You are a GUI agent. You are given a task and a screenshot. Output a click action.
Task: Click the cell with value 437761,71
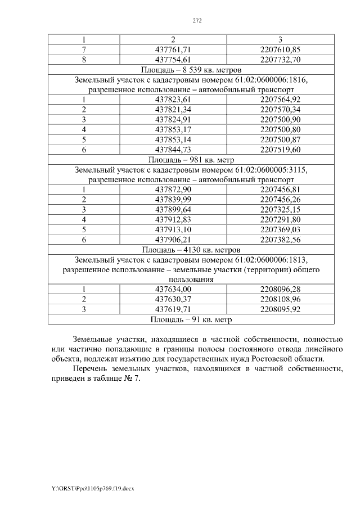click(173, 49)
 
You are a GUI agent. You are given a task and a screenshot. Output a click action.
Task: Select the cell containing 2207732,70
click(281, 60)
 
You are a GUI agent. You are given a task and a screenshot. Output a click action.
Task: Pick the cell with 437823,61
click(173, 100)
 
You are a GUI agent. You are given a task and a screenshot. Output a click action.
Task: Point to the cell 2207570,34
click(281, 110)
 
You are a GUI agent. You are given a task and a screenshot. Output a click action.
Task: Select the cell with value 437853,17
click(173, 129)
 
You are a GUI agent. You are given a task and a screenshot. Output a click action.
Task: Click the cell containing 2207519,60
click(281, 150)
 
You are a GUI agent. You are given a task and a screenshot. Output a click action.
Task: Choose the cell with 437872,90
click(173, 190)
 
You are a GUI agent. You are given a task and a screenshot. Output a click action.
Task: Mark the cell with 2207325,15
click(281, 209)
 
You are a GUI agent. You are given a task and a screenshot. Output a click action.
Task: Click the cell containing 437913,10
click(173, 229)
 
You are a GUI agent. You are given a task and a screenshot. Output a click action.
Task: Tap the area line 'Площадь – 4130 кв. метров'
click(191, 249)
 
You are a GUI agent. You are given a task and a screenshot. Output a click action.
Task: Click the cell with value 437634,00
click(173, 289)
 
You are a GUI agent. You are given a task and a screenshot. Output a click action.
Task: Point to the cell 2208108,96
click(281, 299)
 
